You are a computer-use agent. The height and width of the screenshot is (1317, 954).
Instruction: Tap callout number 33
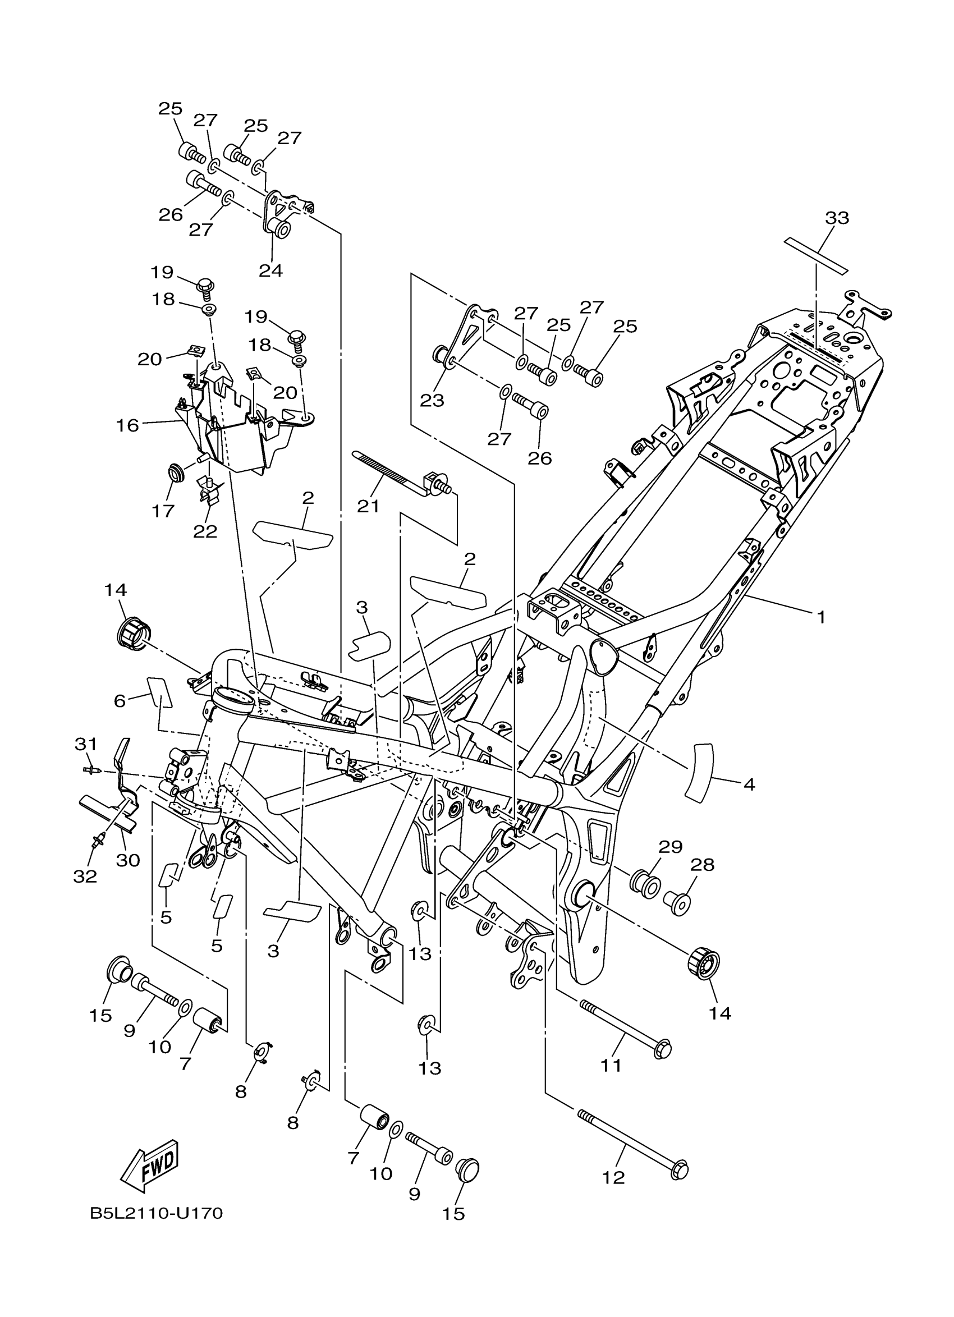click(837, 218)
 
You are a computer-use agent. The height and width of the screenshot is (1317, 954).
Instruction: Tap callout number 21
click(368, 506)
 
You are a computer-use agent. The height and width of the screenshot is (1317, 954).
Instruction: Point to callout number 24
click(270, 270)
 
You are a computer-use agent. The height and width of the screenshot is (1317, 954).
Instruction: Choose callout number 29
click(670, 847)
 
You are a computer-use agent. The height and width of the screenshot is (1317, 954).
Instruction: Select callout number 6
click(120, 701)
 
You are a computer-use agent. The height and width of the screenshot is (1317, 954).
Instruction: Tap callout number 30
click(128, 860)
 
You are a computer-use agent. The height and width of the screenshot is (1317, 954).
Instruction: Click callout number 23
click(432, 400)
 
